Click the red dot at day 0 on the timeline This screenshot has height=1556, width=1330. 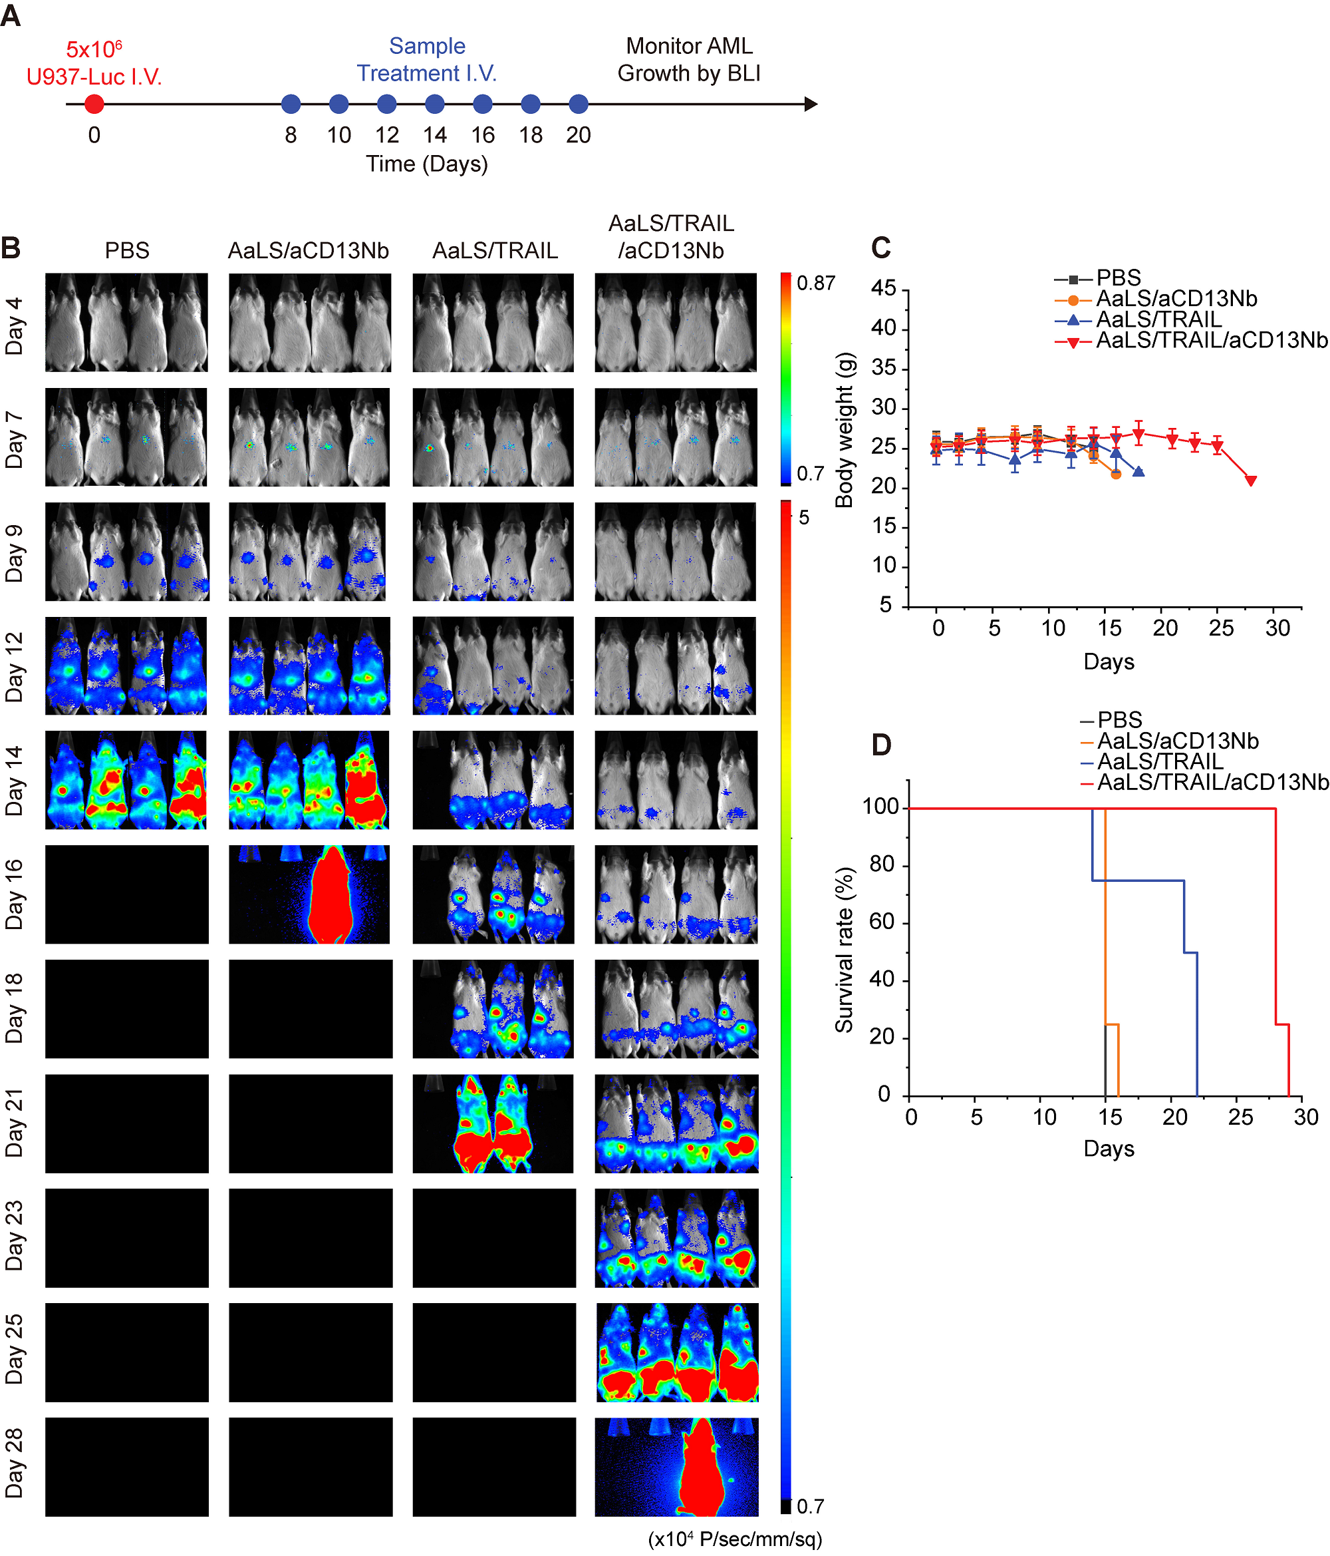[94, 104]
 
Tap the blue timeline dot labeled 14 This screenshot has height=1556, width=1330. [434, 104]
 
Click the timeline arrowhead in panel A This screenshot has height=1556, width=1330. [811, 104]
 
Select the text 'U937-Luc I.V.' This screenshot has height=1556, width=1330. [94, 77]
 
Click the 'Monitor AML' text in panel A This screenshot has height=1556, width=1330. [689, 47]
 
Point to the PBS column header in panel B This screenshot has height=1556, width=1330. [127, 250]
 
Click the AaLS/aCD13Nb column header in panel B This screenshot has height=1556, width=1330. [309, 250]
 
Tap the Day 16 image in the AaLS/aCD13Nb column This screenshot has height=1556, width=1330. [309, 894]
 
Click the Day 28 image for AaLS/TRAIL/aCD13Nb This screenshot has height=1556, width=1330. [676, 1467]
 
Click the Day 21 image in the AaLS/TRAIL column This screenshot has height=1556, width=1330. [493, 1123]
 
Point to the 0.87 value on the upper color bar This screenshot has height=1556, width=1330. [816, 283]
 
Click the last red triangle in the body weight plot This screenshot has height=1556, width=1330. [1250, 481]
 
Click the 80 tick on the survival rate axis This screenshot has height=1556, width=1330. [883, 865]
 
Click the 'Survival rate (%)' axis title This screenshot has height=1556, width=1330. [845, 950]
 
